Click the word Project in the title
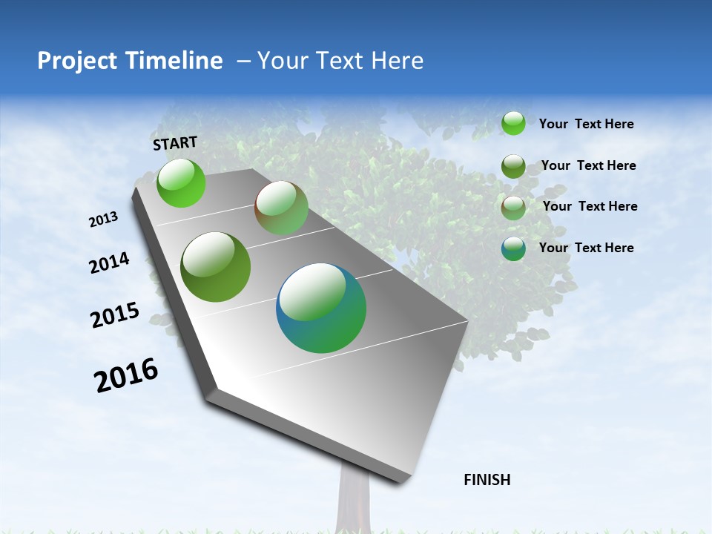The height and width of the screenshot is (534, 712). point(76,61)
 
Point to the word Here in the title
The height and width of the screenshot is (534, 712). point(397,61)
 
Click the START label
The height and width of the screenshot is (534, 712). point(175,143)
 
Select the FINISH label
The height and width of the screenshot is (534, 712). point(487,480)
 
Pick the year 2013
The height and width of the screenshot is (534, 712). point(104,220)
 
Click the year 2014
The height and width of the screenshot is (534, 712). point(110,263)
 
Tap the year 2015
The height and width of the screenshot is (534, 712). point(115,315)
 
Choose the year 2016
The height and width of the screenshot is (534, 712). point(126,375)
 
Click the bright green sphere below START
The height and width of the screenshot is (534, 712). point(181,183)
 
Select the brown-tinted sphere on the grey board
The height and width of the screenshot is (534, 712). point(281,208)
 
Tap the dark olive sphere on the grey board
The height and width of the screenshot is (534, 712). point(216,267)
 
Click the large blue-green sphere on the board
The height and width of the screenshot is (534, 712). point(321,308)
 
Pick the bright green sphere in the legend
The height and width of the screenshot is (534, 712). point(513,123)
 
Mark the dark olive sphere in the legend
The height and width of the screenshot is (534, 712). point(513,166)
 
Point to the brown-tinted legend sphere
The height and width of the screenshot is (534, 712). point(513,208)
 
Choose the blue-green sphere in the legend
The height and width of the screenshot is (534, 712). point(513,248)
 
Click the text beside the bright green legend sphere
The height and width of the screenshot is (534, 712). point(586,124)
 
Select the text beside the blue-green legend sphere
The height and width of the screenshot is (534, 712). point(586,248)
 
